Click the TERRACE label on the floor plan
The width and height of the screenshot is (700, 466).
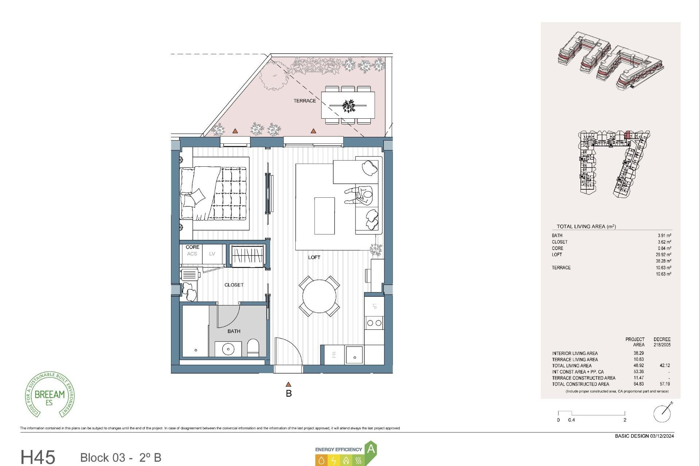tap(304, 101)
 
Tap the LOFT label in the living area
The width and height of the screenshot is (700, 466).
tap(314, 257)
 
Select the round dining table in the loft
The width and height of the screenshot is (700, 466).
tap(319, 296)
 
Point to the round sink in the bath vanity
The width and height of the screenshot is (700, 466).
tap(228, 349)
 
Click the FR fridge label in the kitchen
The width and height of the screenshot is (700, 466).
tap(334, 355)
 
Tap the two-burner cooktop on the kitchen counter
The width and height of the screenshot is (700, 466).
tap(374, 323)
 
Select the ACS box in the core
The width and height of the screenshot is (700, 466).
tap(192, 254)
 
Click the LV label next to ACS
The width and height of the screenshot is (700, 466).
tap(212, 254)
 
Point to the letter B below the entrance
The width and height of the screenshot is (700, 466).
tap(289, 394)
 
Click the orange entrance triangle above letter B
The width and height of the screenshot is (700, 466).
tap(288, 384)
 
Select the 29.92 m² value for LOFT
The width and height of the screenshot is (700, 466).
tap(663, 255)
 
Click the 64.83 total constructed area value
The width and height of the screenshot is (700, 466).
tap(638, 384)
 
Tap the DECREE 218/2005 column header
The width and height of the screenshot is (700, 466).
tap(662, 342)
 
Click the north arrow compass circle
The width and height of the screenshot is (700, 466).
tap(662, 414)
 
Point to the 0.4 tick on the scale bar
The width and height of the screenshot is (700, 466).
tap(572, 420)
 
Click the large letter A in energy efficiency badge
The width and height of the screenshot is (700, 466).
tap(371, 449)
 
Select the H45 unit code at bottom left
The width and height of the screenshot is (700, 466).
tap(38, 457)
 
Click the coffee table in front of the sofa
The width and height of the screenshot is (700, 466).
tap(324, 216)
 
